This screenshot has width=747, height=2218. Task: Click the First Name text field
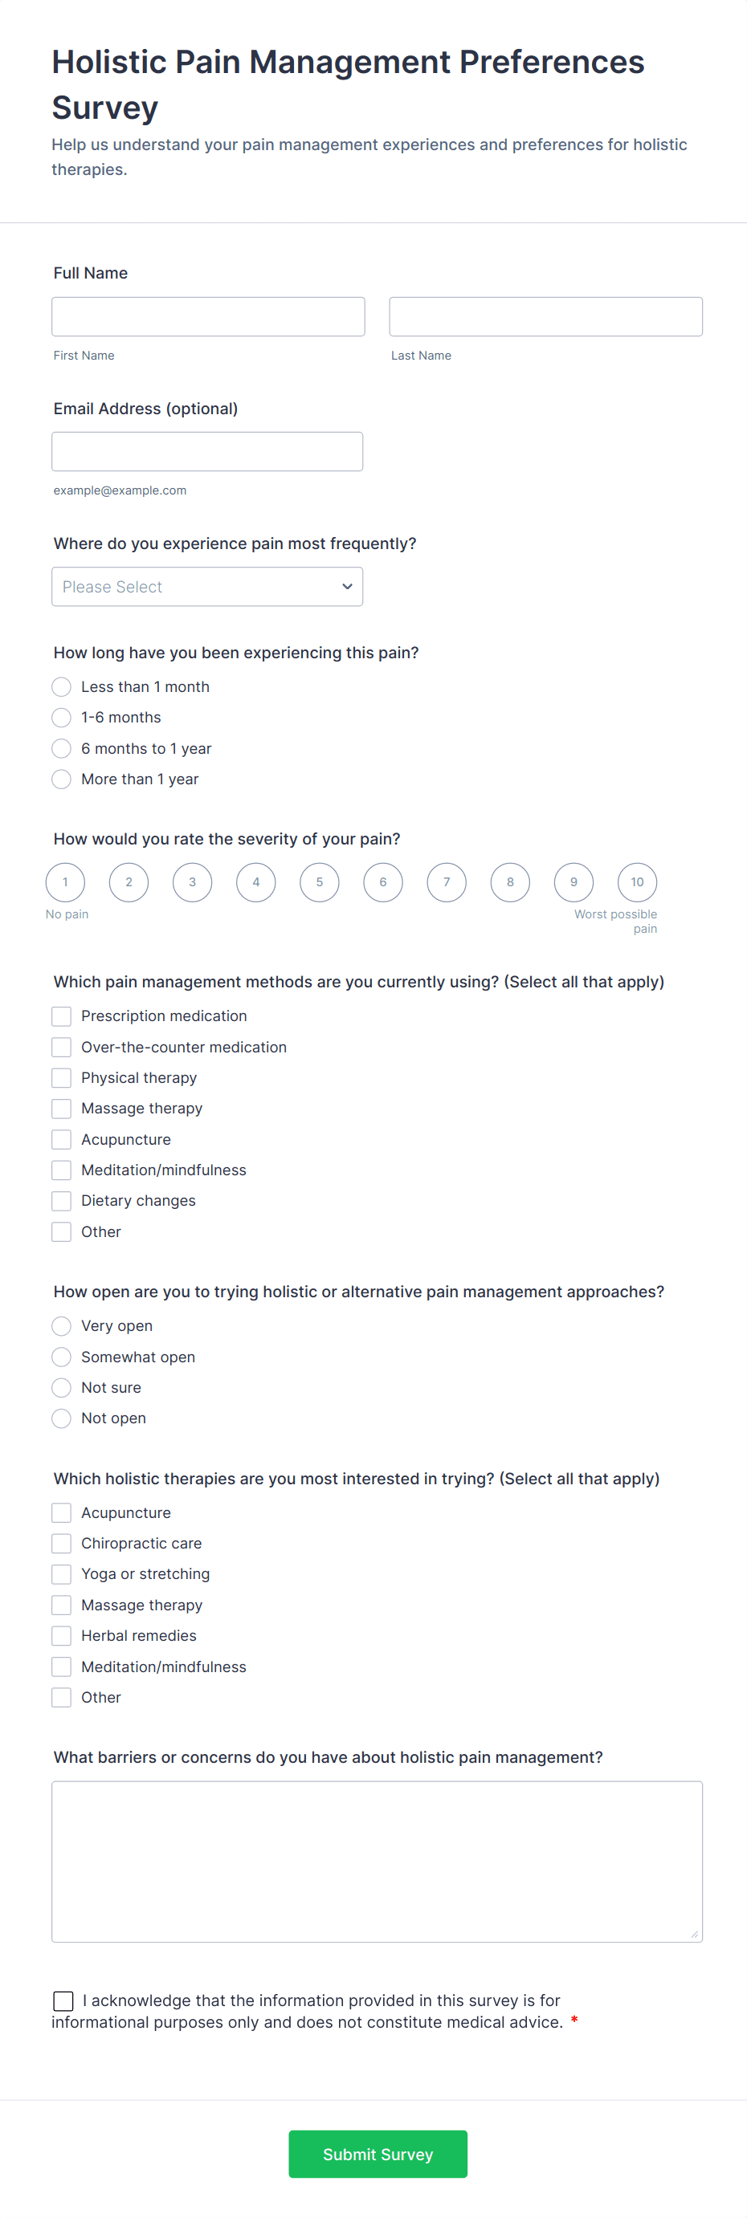click(x=208, y=317)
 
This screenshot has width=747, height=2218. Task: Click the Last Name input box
click(x=545, y=317)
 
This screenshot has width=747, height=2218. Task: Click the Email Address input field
click(x=206, y=452)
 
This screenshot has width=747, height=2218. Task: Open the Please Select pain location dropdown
click(x=206, y=586)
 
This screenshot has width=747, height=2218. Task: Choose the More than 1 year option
click(x=61, y=779)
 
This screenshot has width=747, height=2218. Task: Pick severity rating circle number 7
click(x=447, y=882)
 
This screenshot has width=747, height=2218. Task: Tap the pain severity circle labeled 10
click(x=637, y=882)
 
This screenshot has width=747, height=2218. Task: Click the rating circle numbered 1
click(x=66, y=882)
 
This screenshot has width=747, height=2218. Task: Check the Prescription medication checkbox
click(x=61, y=1017)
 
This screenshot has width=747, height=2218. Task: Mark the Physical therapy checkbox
click(x=61, y=1078)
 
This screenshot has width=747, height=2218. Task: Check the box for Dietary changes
click(x=61, y=1201)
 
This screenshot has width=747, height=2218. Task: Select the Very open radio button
click(x=61, y=1326)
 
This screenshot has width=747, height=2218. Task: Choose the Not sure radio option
click(x=61, y=1388)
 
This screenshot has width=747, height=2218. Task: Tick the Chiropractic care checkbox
click(x=61, y=1544)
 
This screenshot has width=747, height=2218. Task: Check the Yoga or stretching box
click(x=61, y=1575)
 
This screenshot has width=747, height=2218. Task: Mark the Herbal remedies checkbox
click(x=61, y=1636)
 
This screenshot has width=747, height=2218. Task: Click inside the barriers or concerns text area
click(x=377, y=1862)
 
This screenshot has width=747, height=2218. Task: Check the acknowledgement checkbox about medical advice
click(x=63, y=2001)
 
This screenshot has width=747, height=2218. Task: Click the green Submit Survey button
click(x=378, y=2155)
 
